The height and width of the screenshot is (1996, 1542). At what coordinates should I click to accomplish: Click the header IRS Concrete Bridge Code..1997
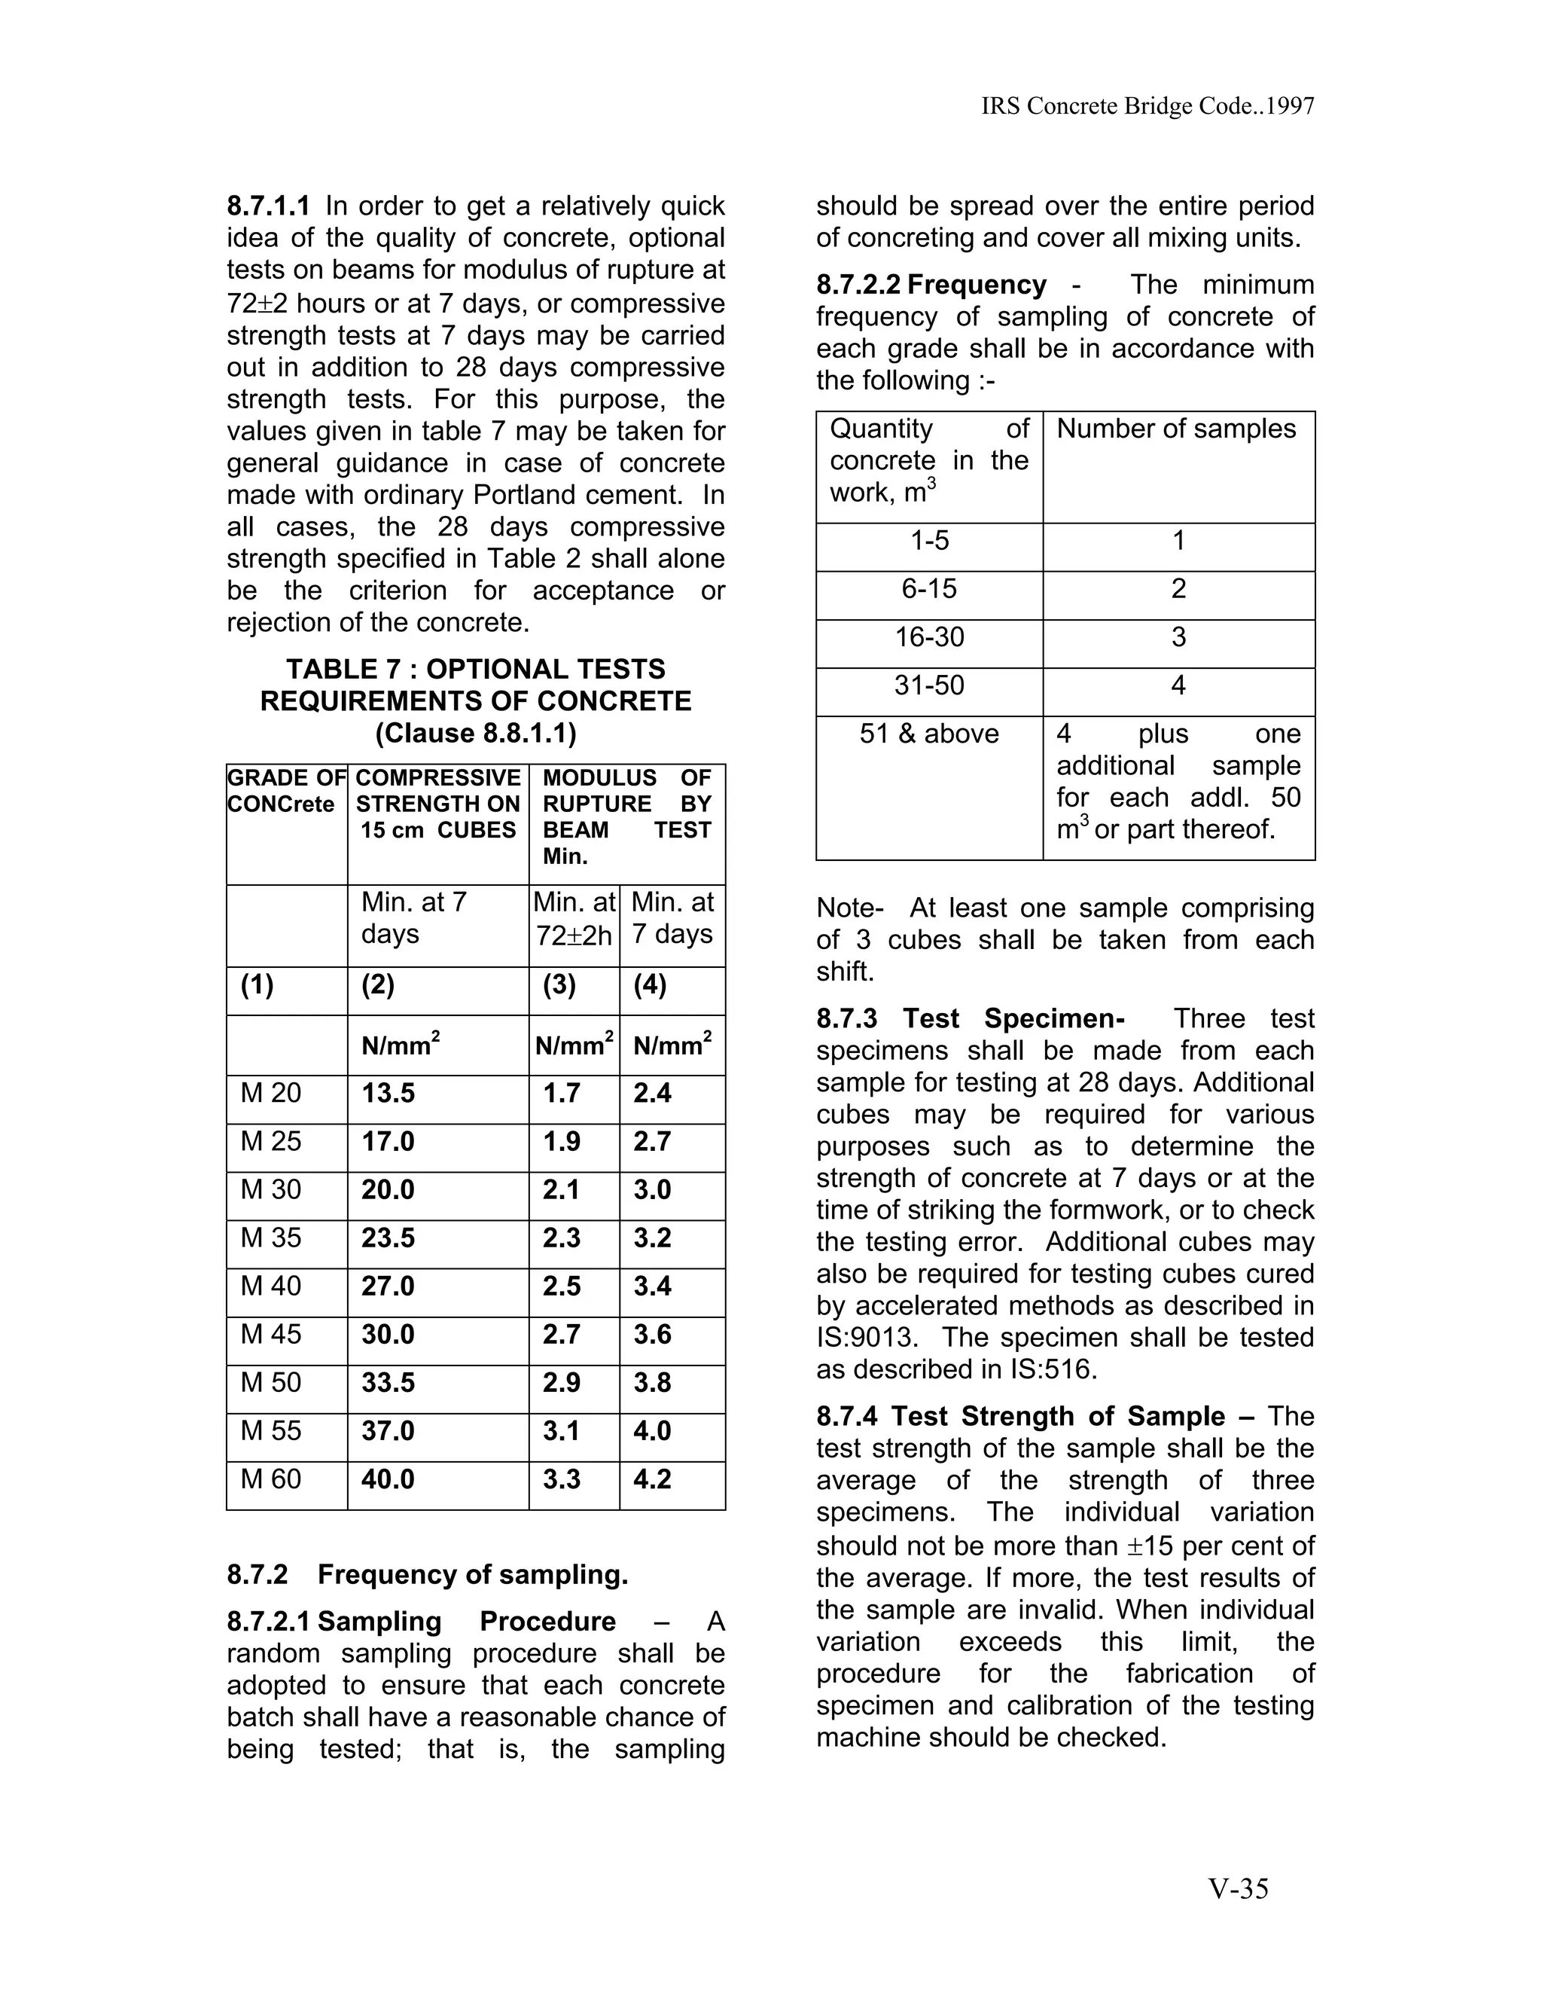(1147, 107)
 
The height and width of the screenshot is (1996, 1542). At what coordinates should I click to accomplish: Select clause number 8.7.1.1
(269, 206)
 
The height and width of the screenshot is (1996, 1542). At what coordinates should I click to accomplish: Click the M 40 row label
(270, 1286)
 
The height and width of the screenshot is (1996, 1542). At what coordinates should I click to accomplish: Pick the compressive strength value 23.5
(389, 1238)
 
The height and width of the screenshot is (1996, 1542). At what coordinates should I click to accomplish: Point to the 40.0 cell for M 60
(389, 1479)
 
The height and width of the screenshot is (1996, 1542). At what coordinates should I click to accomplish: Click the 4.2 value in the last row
(652, 1479)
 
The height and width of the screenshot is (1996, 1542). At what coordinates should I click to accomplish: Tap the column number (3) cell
(559, 985)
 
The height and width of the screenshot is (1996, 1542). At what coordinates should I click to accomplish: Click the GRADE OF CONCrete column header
(286, 792)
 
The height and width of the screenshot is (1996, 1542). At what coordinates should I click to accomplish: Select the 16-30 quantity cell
(929, 637)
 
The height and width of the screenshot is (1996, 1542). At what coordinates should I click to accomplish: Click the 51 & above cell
(929, 734)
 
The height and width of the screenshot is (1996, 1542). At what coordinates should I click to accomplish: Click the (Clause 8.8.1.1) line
(475, 733)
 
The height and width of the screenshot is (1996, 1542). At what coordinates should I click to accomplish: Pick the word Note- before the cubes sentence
(849, 908)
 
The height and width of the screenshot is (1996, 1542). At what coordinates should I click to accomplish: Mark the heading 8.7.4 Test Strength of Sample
(1020, 1417)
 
